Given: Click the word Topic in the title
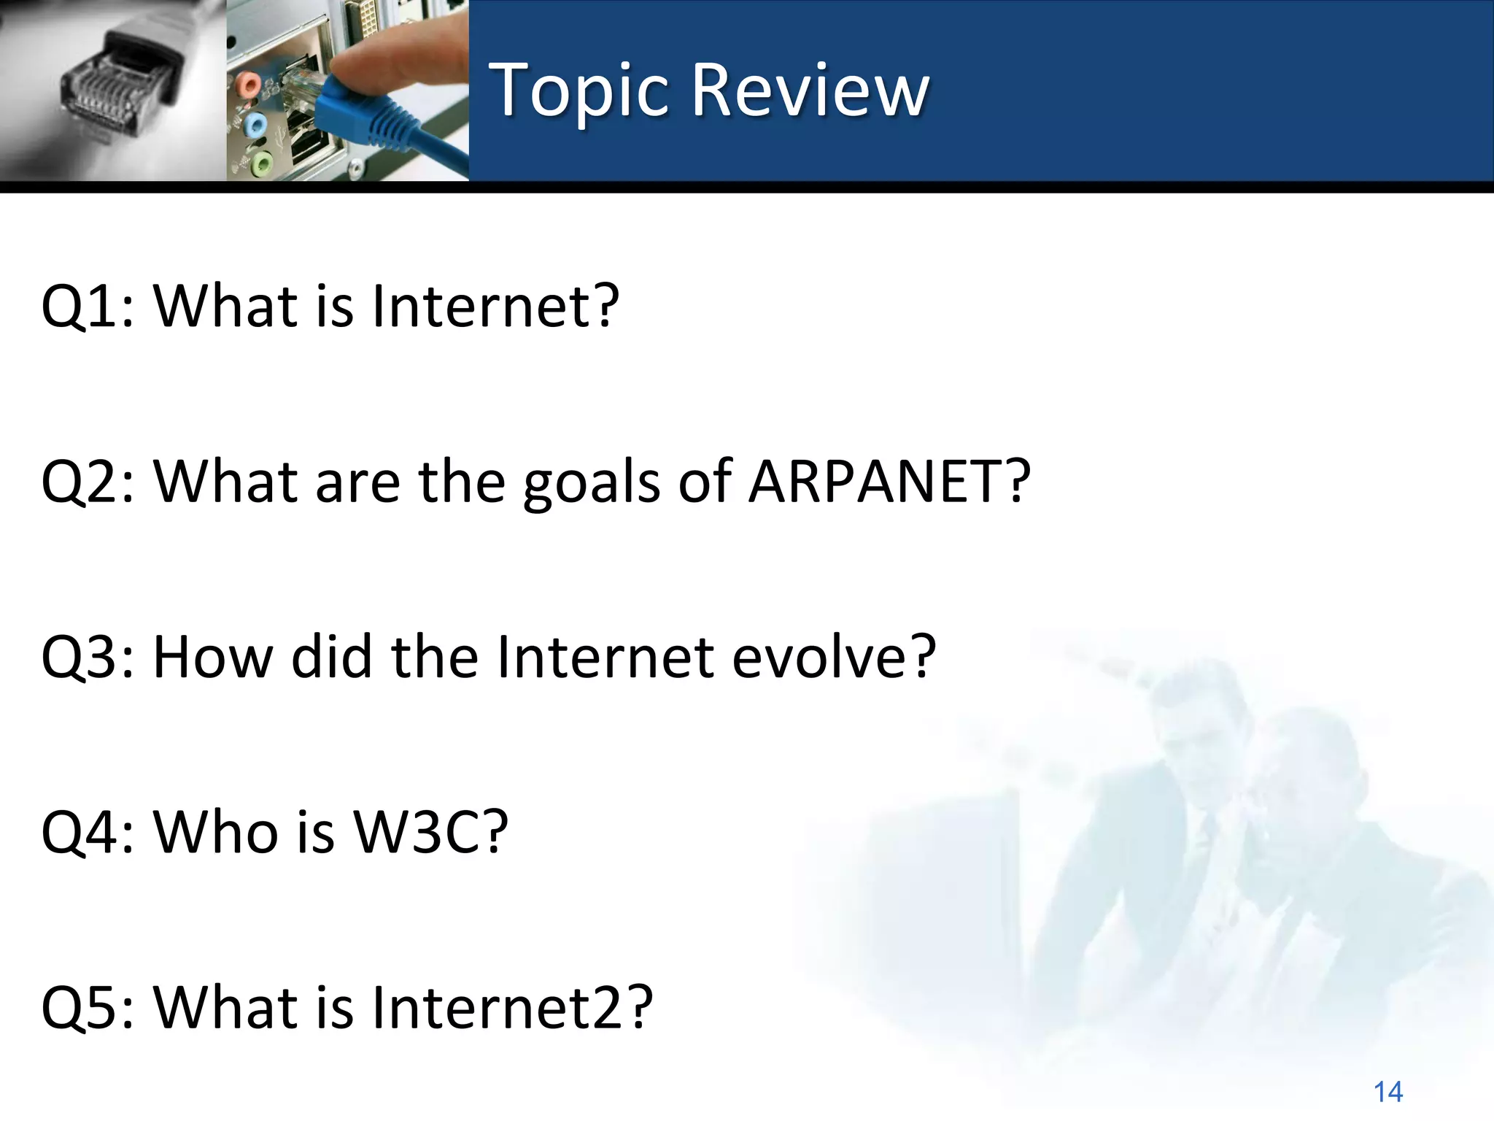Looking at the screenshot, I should pyautogui.click(x=578, y=90).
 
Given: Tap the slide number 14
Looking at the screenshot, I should pyautogui.click(x=1387, y=1092).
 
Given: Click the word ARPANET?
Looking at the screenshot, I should pyautogui.click(x=889, y=482).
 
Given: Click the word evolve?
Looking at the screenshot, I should pyautogui.click(x=833, y=657).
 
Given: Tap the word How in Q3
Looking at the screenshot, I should pyautogui.click(x=212, y=657).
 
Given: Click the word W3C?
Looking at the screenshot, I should pyautogui.click(x=430, y=832).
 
